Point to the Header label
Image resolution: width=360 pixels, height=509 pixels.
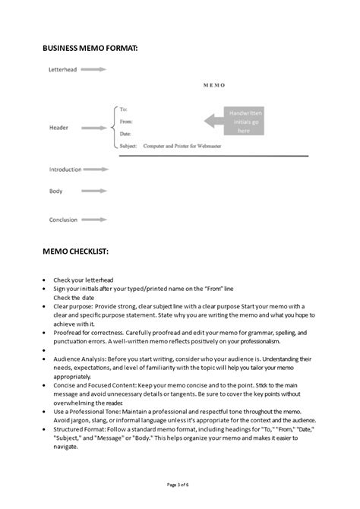click(x=59, y=128)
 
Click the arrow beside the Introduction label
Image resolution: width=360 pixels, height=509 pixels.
click(x=99, y=169)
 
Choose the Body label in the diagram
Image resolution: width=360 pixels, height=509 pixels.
click(x=56, y=191)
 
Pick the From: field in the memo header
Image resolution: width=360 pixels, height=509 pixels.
click(x=127, y=122)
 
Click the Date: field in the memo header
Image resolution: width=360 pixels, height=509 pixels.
click(x=126, y=132)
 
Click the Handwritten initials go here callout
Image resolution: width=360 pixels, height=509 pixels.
click(x=234, y=120)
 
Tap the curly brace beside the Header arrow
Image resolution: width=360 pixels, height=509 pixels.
click(x=114, y=127)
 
